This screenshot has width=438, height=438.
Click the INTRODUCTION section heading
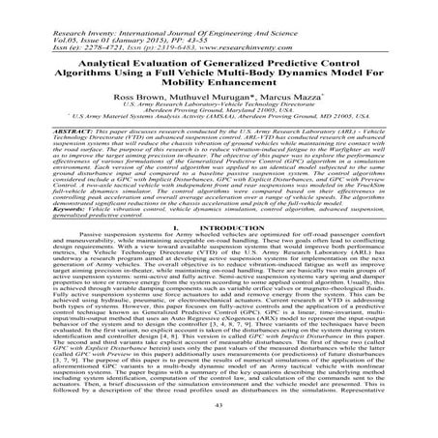point(228,254)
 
